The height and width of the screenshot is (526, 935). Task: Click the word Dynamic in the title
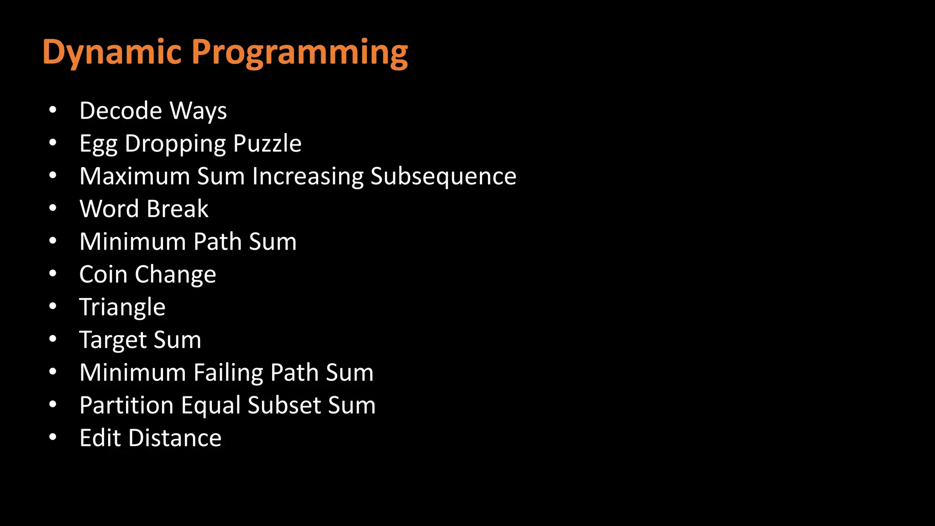click(x=112, y=53)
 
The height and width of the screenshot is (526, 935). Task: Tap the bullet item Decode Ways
click(x=153, y=111)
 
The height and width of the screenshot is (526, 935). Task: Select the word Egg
click(x=98, y=144)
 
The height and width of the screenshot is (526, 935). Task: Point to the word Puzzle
click(x=267, y=143)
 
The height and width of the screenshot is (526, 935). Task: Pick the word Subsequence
click(x=443, y=177)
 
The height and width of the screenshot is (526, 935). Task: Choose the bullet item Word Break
click(x=144, y=209)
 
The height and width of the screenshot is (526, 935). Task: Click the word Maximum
click(x=134, y=176)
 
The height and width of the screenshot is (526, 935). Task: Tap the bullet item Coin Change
click(x=147, y=274)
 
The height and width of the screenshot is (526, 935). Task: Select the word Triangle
click(x=122, y=307)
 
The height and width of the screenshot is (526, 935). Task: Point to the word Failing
click(x=228, y=373)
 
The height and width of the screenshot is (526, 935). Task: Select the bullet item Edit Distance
click(x=150, y=438)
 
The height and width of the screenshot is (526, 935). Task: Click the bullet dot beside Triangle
click(x=53, y=306)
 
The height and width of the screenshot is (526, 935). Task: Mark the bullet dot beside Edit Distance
click(x=53, y=437)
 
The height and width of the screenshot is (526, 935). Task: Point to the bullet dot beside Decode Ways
click(x=53, y=110)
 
